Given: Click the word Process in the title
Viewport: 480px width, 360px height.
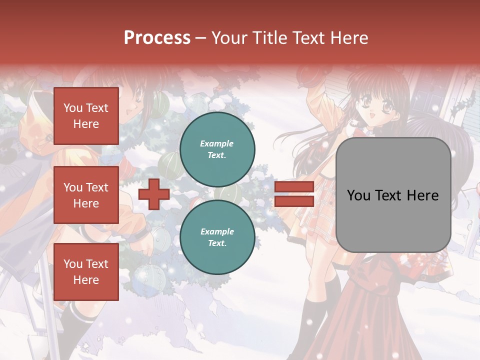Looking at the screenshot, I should click(157, 37).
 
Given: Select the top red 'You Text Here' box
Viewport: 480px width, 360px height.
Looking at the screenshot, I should click(86, 116).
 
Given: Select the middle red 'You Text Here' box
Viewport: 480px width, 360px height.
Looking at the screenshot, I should click(86, 195).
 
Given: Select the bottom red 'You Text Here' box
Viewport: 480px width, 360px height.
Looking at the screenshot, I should click(86, 272).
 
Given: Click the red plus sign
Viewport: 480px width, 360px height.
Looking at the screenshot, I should click(154, 194).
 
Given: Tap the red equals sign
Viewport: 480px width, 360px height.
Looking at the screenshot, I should click(294, 194).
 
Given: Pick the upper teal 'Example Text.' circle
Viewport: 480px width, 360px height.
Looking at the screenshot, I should click(217, 149).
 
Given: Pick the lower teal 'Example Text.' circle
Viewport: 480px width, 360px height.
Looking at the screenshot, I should click(217, 237).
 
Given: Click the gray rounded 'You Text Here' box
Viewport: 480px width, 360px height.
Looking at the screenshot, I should click(393, 195).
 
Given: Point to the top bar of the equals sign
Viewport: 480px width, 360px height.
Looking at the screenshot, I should click(294, 187).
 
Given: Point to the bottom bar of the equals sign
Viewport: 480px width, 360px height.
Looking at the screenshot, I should click(294, 201).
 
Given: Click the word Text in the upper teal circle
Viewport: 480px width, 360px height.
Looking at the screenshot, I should click(216, 155).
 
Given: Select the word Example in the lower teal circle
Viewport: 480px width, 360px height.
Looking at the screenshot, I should click(217, 231).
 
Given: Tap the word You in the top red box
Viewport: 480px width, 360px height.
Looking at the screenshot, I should click(73, 108).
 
